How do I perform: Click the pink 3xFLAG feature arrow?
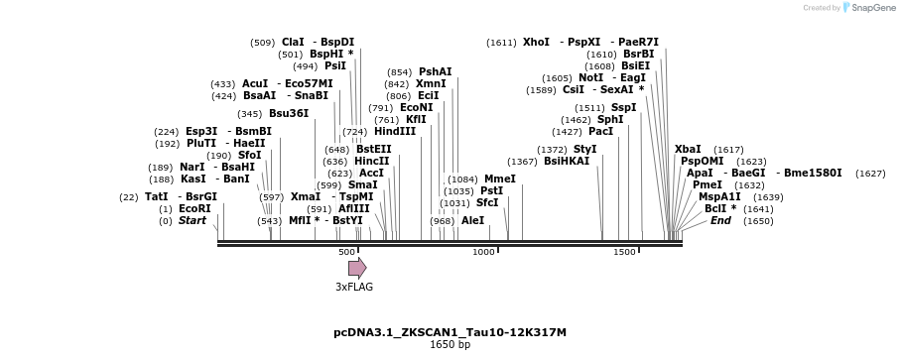[357, 268]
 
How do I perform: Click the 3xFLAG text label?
[354, 287]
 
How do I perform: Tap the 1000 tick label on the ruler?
[483, 252]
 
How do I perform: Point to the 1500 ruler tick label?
[624, 252]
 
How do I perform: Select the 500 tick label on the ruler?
[346, 252]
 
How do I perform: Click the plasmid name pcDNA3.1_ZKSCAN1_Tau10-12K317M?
[450, 332]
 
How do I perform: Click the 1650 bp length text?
[450, 345]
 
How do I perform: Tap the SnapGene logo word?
[869, 8]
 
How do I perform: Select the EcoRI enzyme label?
[194, 208]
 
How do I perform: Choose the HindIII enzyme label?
[394, 131]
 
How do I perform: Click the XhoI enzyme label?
[536, 42]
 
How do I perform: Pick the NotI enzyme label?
[590, 77]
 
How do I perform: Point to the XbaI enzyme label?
[688, 149]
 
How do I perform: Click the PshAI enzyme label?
[435, 71]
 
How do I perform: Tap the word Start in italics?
[193, 220]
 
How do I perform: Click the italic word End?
[720, 220]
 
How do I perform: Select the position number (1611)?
[501, 43]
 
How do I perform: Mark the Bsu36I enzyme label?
[289, 113]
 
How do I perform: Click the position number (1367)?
[522, 162]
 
